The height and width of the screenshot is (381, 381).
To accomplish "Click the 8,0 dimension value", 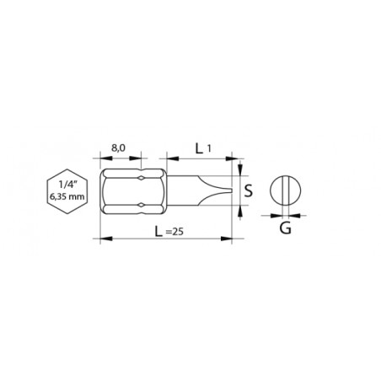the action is [118, 148].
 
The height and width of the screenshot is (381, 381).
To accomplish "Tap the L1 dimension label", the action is [203, 148].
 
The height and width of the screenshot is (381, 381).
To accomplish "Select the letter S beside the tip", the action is [249, 190].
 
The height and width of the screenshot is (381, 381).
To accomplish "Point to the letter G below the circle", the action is [285, 228].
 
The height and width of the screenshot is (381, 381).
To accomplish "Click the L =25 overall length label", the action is [169, 232].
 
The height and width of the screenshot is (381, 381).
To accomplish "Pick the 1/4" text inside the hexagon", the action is [67, 185].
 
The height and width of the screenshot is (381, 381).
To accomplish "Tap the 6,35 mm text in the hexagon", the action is [67, 196].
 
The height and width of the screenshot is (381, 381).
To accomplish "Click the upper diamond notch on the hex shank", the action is [141, 178].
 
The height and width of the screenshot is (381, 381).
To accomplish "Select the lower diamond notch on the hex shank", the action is [141, 206].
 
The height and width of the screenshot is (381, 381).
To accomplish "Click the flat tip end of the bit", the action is [231, 190].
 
